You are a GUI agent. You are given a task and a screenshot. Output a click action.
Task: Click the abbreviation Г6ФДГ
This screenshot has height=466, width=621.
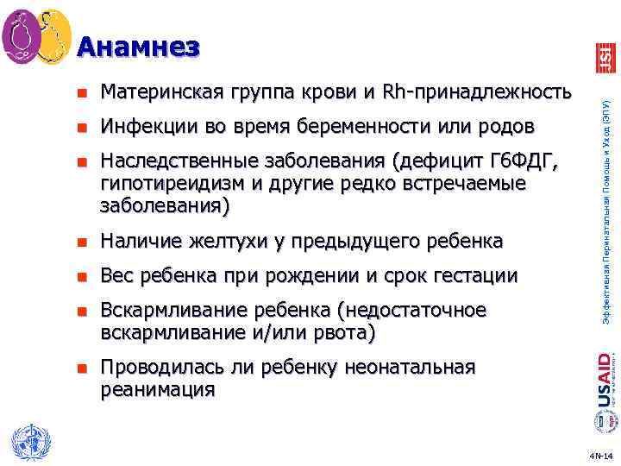[521, 162]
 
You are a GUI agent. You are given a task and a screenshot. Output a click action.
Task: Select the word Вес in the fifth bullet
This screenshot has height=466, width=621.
[118, 276]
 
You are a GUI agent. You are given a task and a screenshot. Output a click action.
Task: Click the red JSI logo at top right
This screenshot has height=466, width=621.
[605, 57]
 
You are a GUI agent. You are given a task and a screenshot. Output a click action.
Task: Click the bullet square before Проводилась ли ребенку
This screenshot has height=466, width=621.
[81, 368]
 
